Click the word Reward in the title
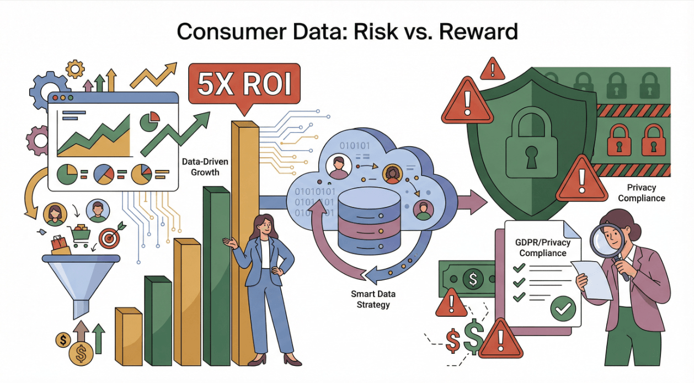[x=478, y=31]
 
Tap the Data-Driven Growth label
[x=205, y=167]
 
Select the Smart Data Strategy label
[x=373, y=299]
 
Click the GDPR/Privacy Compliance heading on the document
[x=543, y=248]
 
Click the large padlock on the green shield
[x=531, y=142]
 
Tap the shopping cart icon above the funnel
[x=80, y=236]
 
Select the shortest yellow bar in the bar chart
[x=129, y=337]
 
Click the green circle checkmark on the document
[x=563, y=308]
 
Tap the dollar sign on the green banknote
[x=473, y=279]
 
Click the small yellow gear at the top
[x=75, y=69]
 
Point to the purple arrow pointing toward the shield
[x=472, y=202]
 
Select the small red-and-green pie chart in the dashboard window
[x=150, y=121]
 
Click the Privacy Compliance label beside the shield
[x=641, y=193]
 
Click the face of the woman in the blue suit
[x=264, y=227]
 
